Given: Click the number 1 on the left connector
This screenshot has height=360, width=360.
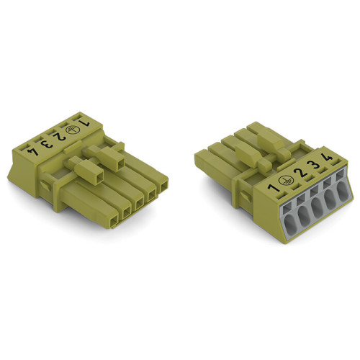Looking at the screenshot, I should (86, 124).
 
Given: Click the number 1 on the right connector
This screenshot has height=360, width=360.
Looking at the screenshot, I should (273, 189).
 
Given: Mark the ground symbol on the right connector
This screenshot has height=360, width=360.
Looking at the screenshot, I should (287, 182).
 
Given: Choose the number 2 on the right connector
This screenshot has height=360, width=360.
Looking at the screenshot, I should (300, 175).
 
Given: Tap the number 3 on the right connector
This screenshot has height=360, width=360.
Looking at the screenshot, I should (314, 167).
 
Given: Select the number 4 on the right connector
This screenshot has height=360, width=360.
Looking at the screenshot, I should (328, 159).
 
